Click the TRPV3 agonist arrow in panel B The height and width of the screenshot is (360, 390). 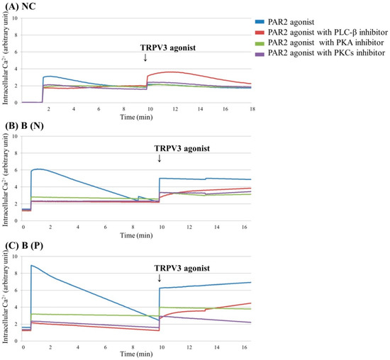coord(160,159)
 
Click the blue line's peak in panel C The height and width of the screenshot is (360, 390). coord(32,265)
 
